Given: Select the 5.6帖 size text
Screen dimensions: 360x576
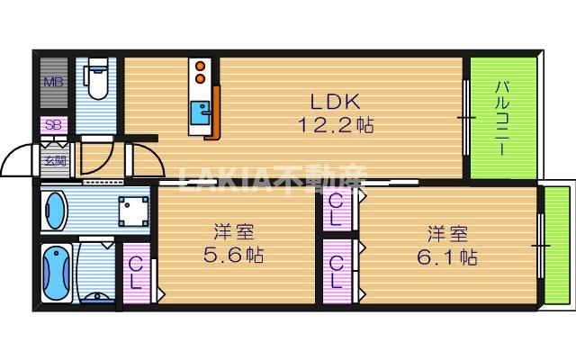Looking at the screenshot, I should pos(230,255).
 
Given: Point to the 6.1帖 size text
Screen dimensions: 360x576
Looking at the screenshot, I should pos(446,256).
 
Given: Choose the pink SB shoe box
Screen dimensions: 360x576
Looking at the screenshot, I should pos(50,125).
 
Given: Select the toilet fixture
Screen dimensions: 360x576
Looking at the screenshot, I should pos(96,80).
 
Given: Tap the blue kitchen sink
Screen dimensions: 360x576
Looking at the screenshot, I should pos(200,116).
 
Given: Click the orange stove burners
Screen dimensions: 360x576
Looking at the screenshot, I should pos(200,71).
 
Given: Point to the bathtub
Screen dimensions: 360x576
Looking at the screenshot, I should pos(56,271).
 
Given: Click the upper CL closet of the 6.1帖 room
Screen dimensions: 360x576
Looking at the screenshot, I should pos(336,210).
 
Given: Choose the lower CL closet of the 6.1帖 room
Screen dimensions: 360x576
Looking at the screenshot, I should pos(336,269).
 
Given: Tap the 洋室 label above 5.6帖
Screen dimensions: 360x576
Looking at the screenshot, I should pos(231,231).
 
